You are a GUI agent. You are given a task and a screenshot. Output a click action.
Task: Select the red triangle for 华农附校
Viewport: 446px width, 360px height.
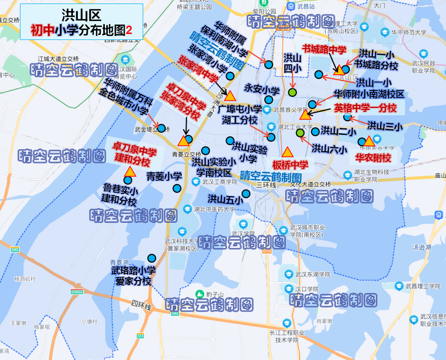(369, 141)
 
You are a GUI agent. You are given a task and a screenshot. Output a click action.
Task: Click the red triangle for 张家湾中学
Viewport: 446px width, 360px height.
(230, 95)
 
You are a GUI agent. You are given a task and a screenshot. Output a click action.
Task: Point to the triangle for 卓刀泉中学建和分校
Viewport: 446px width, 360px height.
(130, 172)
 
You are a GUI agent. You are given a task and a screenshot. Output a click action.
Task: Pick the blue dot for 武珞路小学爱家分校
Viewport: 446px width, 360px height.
(151, 258)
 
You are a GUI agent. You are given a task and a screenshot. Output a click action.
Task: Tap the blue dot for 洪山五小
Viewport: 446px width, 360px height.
(246, 194)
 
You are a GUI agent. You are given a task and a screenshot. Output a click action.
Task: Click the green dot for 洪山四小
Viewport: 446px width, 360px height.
(293, 92)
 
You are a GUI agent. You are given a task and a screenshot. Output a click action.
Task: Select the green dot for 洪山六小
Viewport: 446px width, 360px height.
(300, 133)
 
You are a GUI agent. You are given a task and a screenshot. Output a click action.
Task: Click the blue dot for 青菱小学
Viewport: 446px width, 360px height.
(177, 188)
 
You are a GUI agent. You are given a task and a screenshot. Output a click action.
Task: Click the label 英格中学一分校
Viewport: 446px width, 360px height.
(365, 108)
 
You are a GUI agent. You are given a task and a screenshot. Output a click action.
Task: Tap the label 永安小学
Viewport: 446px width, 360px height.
(261, 89)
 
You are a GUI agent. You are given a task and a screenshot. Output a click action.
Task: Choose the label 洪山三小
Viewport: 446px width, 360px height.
(385, 126)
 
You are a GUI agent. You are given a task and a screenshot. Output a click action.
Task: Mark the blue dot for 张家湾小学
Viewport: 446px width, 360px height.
(230, 76)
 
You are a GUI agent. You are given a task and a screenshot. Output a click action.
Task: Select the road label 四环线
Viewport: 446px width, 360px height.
(141, 305)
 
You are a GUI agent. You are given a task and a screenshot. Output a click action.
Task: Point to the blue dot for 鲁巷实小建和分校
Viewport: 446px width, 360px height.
(128, 180)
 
